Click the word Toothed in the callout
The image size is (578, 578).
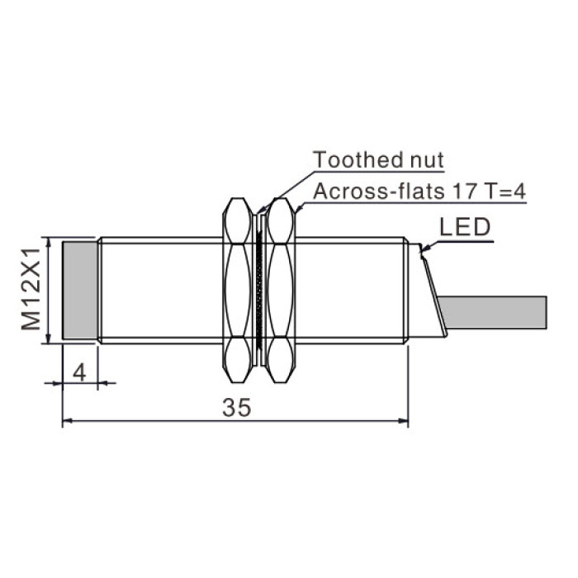pos(353,160)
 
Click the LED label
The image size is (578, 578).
pos(465,227)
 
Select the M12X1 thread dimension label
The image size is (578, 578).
pos(31,289)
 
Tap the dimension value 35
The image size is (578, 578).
pos(237,408)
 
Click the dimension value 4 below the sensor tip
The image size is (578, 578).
pos(79,372)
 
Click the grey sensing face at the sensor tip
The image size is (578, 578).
pos(80,290)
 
